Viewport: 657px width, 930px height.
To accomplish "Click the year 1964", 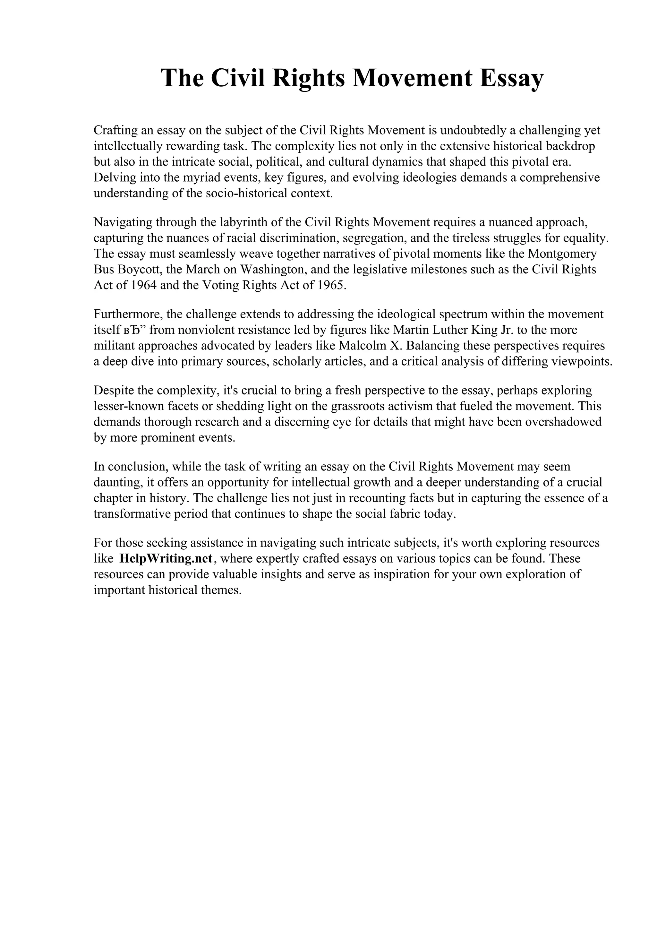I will click(144, 286).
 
